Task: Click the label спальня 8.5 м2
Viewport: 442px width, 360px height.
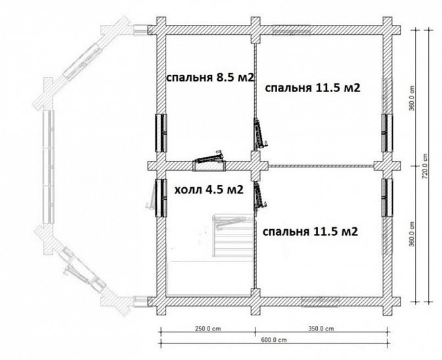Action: pos(210,78)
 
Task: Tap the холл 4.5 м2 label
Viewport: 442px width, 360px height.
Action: pos(209,190)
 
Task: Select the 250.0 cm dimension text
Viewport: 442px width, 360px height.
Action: pos(208,328)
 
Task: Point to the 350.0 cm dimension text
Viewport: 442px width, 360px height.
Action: pos(321,328)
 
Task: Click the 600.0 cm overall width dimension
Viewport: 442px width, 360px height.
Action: pos(274,340)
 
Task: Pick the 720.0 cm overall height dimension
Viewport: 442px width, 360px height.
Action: pos(426,166)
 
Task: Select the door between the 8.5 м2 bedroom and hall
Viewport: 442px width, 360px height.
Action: pos(210,161)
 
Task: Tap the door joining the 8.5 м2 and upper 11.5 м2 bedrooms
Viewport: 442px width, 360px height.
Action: pos(259,133)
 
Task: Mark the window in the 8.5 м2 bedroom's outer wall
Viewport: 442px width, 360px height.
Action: pos(162,133)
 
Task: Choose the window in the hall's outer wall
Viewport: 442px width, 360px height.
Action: pos(162,198)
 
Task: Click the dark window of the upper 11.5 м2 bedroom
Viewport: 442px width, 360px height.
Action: pos(387,133)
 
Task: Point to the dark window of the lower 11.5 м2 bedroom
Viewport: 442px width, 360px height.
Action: pos(387,198)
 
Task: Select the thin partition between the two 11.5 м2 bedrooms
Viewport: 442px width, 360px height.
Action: pos(321,166)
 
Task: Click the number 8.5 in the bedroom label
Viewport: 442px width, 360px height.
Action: pos(225,78)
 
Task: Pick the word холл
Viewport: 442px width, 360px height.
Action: pos(188,191)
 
